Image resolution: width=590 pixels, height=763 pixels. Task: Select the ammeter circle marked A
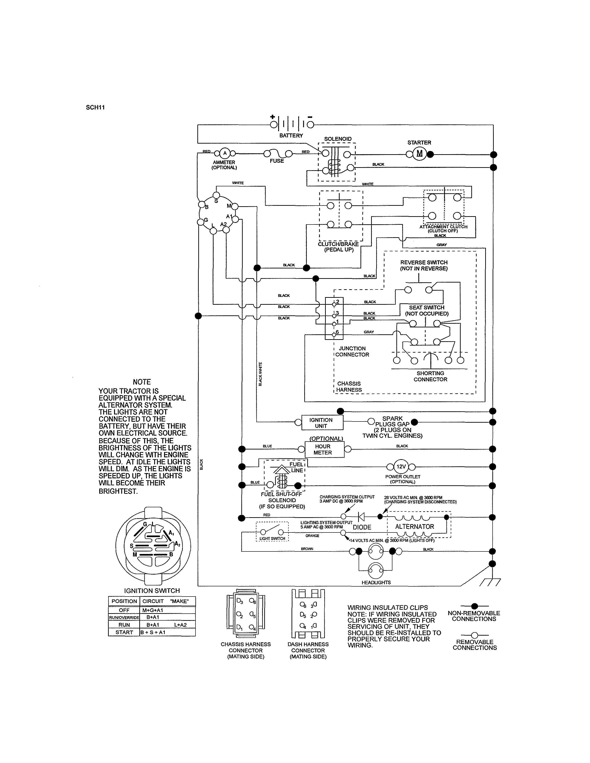(225, 153)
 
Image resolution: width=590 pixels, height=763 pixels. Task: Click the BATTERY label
(291, 135)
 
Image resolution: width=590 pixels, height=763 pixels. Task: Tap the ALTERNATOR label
(415, 526)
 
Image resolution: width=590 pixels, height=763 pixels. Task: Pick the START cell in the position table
(124, 632)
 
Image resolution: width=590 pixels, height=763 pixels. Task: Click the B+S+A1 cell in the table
(153, 632)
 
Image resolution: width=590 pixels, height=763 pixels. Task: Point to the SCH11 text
(95, 108)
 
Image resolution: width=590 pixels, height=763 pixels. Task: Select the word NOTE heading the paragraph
(142, 382)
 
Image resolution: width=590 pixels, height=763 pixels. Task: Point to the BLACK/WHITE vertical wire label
(260, 374)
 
